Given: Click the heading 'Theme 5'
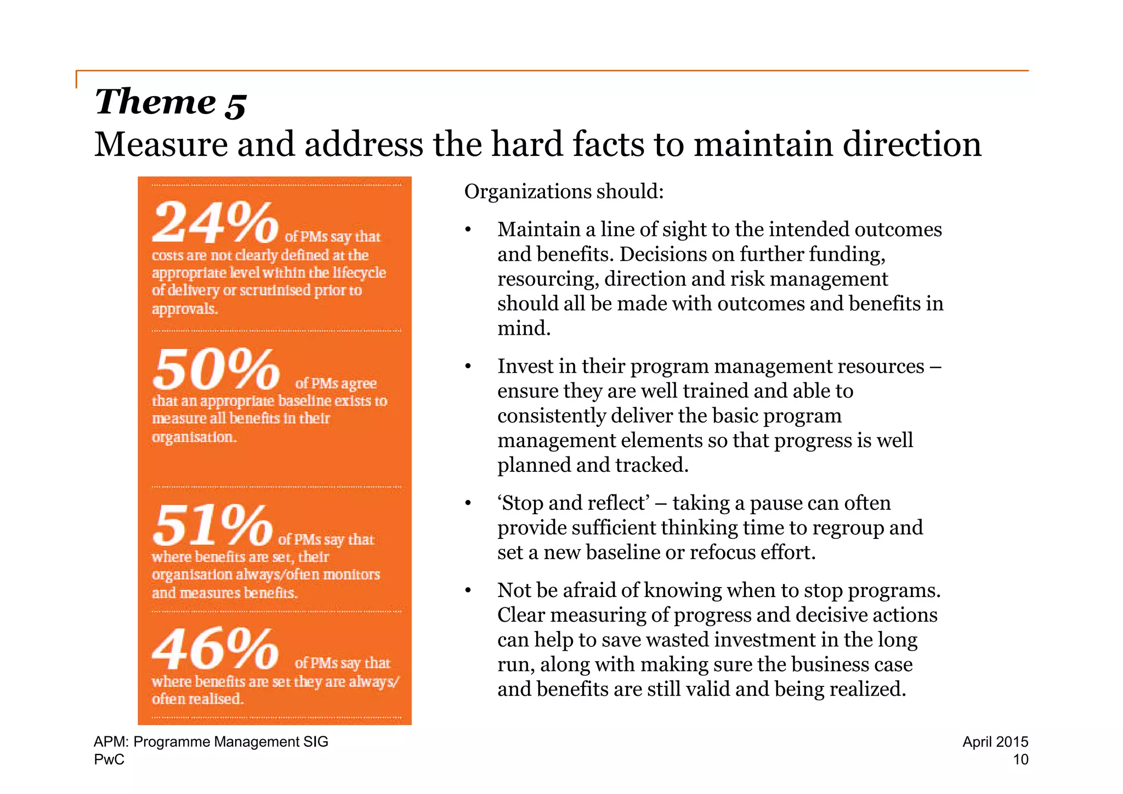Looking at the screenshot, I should coord(171,102).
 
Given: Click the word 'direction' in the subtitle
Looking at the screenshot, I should coord(911,144).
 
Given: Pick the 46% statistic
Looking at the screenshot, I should coord(215,649).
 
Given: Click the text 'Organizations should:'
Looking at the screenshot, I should coord(564,192).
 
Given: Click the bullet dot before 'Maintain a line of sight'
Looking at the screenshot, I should coord(468,230).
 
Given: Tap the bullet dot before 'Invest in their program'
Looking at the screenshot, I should coord(468,367).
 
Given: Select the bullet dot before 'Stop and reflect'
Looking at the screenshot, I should coord(468,503).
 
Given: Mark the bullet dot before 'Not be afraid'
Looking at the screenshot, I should coord(468,591).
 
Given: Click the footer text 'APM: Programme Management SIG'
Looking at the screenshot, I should coord(211,742).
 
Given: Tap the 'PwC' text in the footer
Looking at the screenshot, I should coord(109,759).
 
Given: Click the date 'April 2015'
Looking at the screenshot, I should coord(995,742).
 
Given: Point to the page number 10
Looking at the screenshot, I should coord(1020,759).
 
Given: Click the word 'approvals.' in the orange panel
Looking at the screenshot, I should coord(185,309).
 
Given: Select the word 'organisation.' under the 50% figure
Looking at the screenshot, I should coord(194,437).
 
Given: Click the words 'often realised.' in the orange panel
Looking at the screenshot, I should coord(197,699).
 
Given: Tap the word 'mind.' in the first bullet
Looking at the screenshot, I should coord(524,329).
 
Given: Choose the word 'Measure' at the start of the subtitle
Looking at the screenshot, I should coord(161,144).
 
